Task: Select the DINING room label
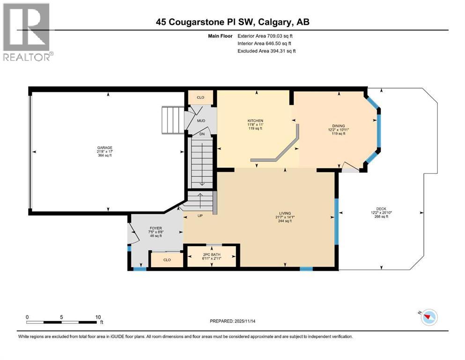(x=338, y=126)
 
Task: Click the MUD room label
(x=201, y=120)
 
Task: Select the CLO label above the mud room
(x=200, y=97)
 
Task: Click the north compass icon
(x=428, y=317)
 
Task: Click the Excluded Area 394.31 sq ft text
(x=266, y=51)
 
